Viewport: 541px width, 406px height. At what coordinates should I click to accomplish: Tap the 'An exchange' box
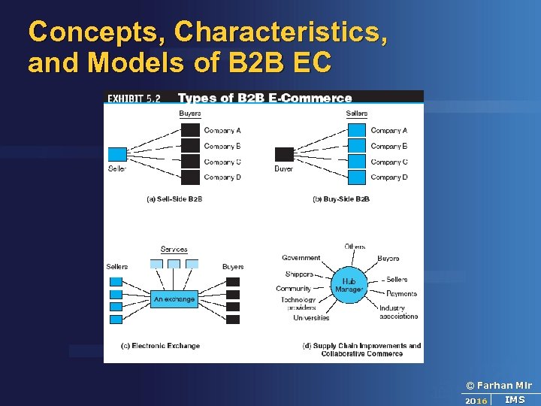(174, 299)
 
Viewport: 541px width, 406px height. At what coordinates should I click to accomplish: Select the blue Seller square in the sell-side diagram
(117, 154)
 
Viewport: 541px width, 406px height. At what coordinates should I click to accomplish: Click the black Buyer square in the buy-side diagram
(284, 154)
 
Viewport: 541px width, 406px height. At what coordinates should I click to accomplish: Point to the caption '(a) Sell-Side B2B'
(174, 199)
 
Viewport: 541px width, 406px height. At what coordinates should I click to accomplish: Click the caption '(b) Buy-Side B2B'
(340, 199)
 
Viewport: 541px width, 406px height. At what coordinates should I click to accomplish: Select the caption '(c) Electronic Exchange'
(160, 346)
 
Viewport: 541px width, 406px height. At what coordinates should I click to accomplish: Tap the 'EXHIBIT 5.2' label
(134, 98)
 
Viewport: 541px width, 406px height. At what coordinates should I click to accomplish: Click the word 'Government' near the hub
(301, 258)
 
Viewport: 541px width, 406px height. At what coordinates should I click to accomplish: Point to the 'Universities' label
(311, 318)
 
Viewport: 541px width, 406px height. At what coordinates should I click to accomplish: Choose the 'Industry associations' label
(398, 312)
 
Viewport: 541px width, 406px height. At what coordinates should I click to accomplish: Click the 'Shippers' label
(299, 274)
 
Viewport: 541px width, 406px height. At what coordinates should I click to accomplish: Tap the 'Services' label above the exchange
(174, 250)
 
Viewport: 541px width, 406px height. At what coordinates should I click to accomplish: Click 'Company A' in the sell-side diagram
(222, 131)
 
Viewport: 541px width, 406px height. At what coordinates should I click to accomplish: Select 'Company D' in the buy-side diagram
(388, 177)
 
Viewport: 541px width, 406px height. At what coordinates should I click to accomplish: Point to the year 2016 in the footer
(476, 401)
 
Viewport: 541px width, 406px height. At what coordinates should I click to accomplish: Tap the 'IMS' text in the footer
(515, 400)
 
